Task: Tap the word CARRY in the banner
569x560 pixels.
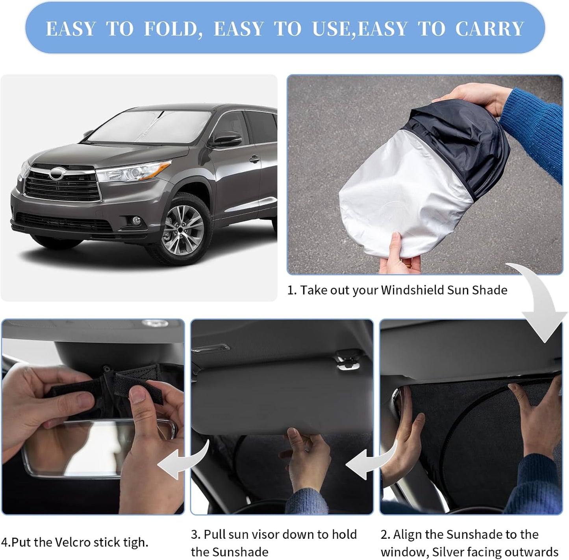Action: pos(489,29)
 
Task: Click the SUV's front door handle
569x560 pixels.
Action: pos(255,159)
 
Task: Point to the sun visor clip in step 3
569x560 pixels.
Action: pos(346,361)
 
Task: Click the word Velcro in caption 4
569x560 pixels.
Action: pos(71,542)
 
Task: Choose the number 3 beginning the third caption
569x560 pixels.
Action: pos(195,535)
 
